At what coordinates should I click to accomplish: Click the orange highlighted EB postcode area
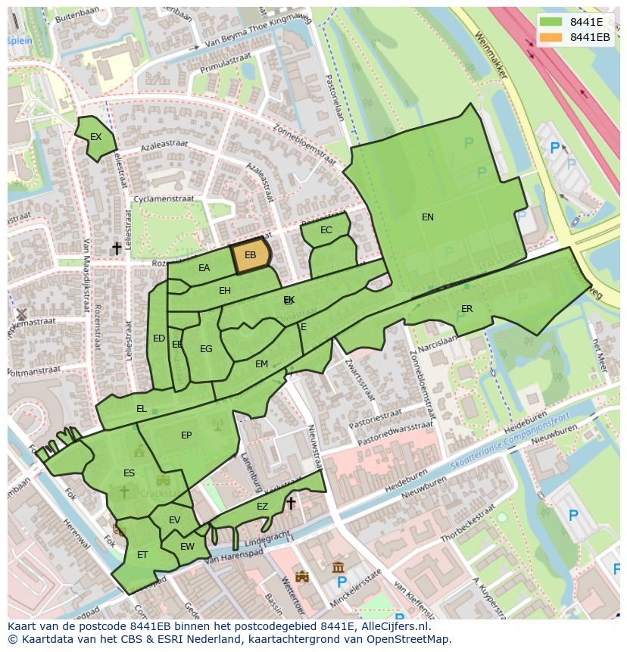(x=251, y=256)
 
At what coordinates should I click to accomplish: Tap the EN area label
(x=428, y=217)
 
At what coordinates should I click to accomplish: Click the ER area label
(x=466, y=309)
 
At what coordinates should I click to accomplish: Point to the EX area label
(x=95, y=137)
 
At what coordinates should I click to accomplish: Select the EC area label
(x=326, y=230)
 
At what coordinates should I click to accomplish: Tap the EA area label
(x=204, y=268)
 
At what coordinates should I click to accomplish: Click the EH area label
(x=225, y=291)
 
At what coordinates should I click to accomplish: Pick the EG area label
(x=206, y=349)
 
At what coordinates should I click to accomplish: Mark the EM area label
(x=261, y=364)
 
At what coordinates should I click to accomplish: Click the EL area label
(x=141, y=409)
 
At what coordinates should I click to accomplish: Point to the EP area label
(x=186, y=435)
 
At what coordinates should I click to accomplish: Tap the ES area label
(x=129, y=473)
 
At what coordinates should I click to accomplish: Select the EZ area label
(x=262, y=507)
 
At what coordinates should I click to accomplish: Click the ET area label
(x=142, y=555)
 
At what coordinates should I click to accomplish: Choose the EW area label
(x=187, y=546)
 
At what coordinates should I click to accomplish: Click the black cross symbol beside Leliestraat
(x=117, y=248)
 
